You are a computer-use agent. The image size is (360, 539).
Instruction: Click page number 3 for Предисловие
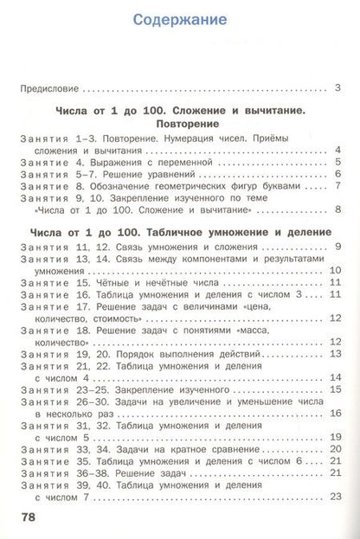click(337, 88)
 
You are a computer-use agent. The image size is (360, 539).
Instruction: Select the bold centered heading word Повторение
click(181, 124)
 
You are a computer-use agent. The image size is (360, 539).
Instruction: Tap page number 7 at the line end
click(337, 186)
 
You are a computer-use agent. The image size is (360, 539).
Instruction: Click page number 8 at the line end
click(337, 210)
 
